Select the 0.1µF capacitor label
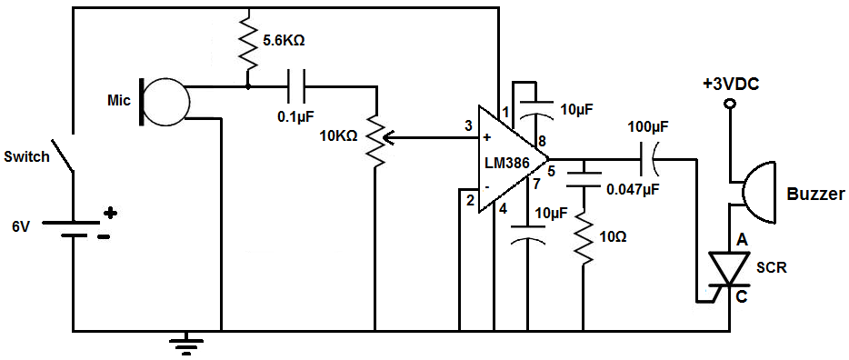[296, 116]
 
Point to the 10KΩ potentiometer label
[338, 137]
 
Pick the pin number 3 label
[469, 126]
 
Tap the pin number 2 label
[470, 201]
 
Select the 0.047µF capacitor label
[633, 190]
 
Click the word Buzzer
[815, 195]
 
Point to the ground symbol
[187, 344]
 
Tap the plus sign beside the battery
[110, 213]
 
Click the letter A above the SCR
[743, 242]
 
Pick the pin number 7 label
[536, 184]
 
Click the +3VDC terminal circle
[729, 104]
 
